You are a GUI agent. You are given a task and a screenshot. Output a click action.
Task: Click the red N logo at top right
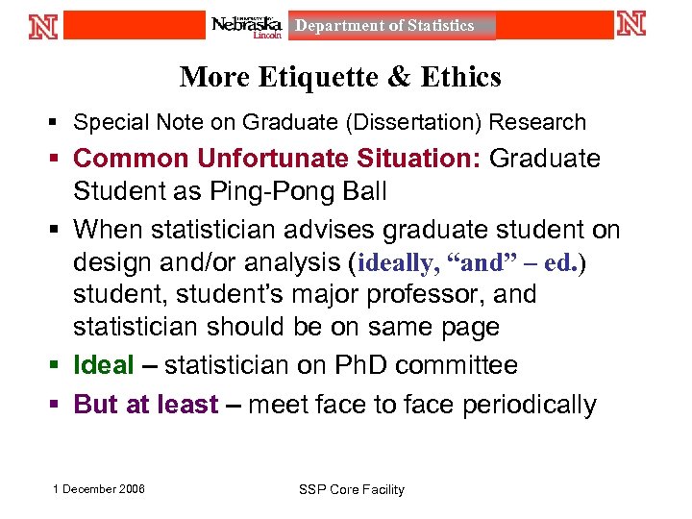(x=631, y=24)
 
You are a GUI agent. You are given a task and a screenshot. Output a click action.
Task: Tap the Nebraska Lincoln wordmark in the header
(x=247, y=26)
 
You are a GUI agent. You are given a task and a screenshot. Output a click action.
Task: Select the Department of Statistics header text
(x=384, y=26)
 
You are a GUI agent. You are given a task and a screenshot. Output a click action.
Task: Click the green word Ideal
(x=104, y=365)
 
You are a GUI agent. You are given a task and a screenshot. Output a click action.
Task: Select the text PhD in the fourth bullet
(x=361, y=365)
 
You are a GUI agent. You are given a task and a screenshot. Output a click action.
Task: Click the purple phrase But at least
(x=146, y=405)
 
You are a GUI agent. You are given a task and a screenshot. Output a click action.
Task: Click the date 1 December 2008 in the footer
(x=99, y=489)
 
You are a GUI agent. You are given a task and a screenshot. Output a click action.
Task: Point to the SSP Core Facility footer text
(x=352, y=490)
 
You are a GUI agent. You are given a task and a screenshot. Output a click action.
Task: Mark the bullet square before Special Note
(x=56, y=122)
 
